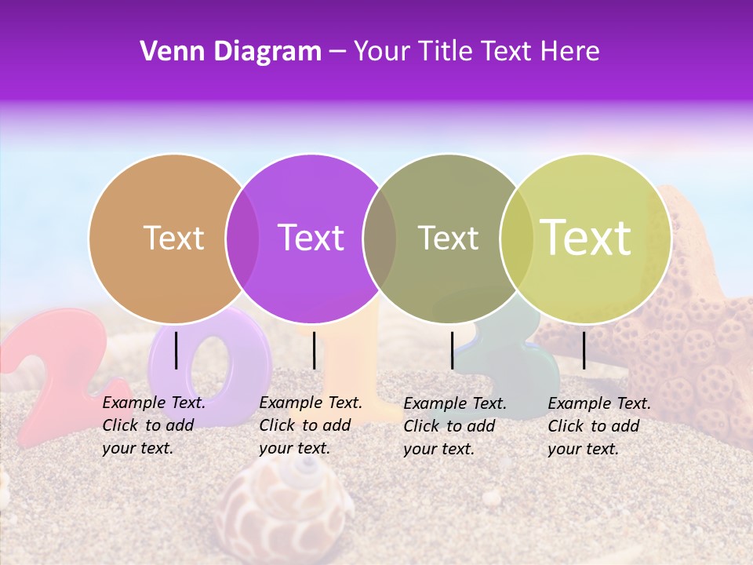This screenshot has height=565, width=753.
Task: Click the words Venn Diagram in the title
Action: point(231,52)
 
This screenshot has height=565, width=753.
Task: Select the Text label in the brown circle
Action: point(173,238)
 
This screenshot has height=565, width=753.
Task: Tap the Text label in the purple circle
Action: point(311,238)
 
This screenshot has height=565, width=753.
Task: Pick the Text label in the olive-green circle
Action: point(448,238)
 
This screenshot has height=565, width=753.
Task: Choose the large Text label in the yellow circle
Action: point(586,238)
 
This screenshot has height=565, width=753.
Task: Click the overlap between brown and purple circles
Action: point(242,239)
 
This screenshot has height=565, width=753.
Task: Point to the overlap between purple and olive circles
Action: point(380,239)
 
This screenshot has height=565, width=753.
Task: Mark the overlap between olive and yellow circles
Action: point(515,239)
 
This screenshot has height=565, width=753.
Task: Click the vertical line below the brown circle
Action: point(176,350)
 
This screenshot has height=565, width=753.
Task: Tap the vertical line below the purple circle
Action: point(314,350)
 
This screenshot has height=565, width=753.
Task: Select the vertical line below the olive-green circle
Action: point(452,350)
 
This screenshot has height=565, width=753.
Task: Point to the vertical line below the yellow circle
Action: point(584,350)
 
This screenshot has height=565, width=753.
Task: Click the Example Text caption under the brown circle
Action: point(153,425)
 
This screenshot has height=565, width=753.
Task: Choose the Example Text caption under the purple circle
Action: point(310,425)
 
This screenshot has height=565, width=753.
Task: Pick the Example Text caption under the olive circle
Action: point(454,426)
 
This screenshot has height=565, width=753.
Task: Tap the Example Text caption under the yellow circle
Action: point(598,426)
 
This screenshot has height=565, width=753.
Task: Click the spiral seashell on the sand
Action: point(286,510)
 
